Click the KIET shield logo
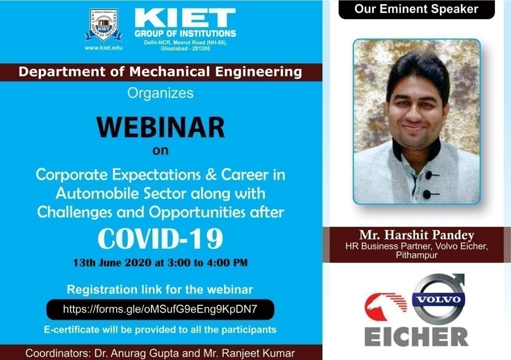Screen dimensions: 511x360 pos(104,26)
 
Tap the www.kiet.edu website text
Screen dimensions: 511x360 pos(104,48)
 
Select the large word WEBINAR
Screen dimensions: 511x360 pos(161,127)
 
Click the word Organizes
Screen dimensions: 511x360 pos(160,93)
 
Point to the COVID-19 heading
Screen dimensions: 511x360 pos(161,239)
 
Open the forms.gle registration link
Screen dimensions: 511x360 pos(160,309)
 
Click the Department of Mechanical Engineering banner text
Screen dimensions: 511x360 pos(160,72)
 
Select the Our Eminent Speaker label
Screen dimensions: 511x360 pos(416,9)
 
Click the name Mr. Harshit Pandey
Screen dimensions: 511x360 pos(417,235)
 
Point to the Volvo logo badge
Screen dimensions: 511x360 pos(439,299)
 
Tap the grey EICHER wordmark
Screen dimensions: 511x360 pos(416,337)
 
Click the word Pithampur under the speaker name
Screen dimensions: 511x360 pos(417,255)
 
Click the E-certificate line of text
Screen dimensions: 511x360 pos(160,330)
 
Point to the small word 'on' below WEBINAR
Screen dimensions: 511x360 pos(160,151)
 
